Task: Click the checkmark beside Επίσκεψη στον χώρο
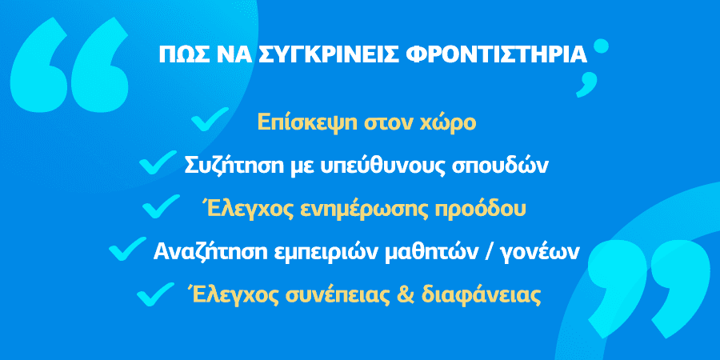pos(210,119)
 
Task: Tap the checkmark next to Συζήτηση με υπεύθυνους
pos(158,162)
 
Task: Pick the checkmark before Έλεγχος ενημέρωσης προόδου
pos(161,206)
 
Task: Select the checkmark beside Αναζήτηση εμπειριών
pos(128,249)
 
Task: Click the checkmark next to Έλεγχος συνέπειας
pos(156,294)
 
